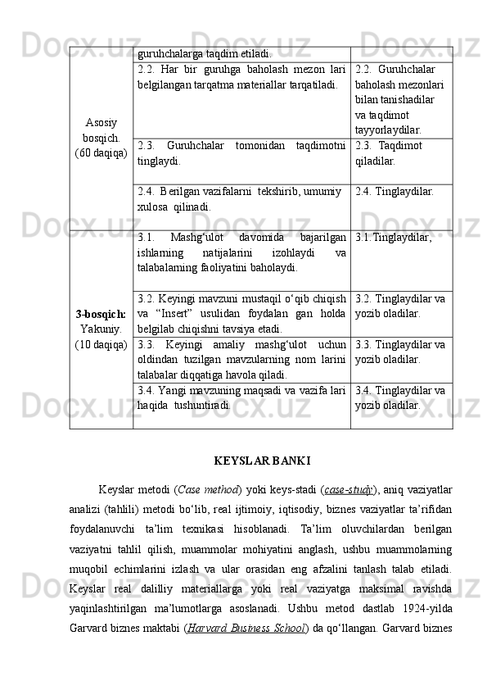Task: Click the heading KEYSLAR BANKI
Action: (x=262, y=460)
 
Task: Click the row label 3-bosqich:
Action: (x=100, y=315)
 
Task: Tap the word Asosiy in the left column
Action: (x=100, y=122)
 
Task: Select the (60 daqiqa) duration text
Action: (x=100, y=153)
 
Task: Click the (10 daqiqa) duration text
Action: (x=100, y=344)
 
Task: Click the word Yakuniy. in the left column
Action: (x=100, y=329)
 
